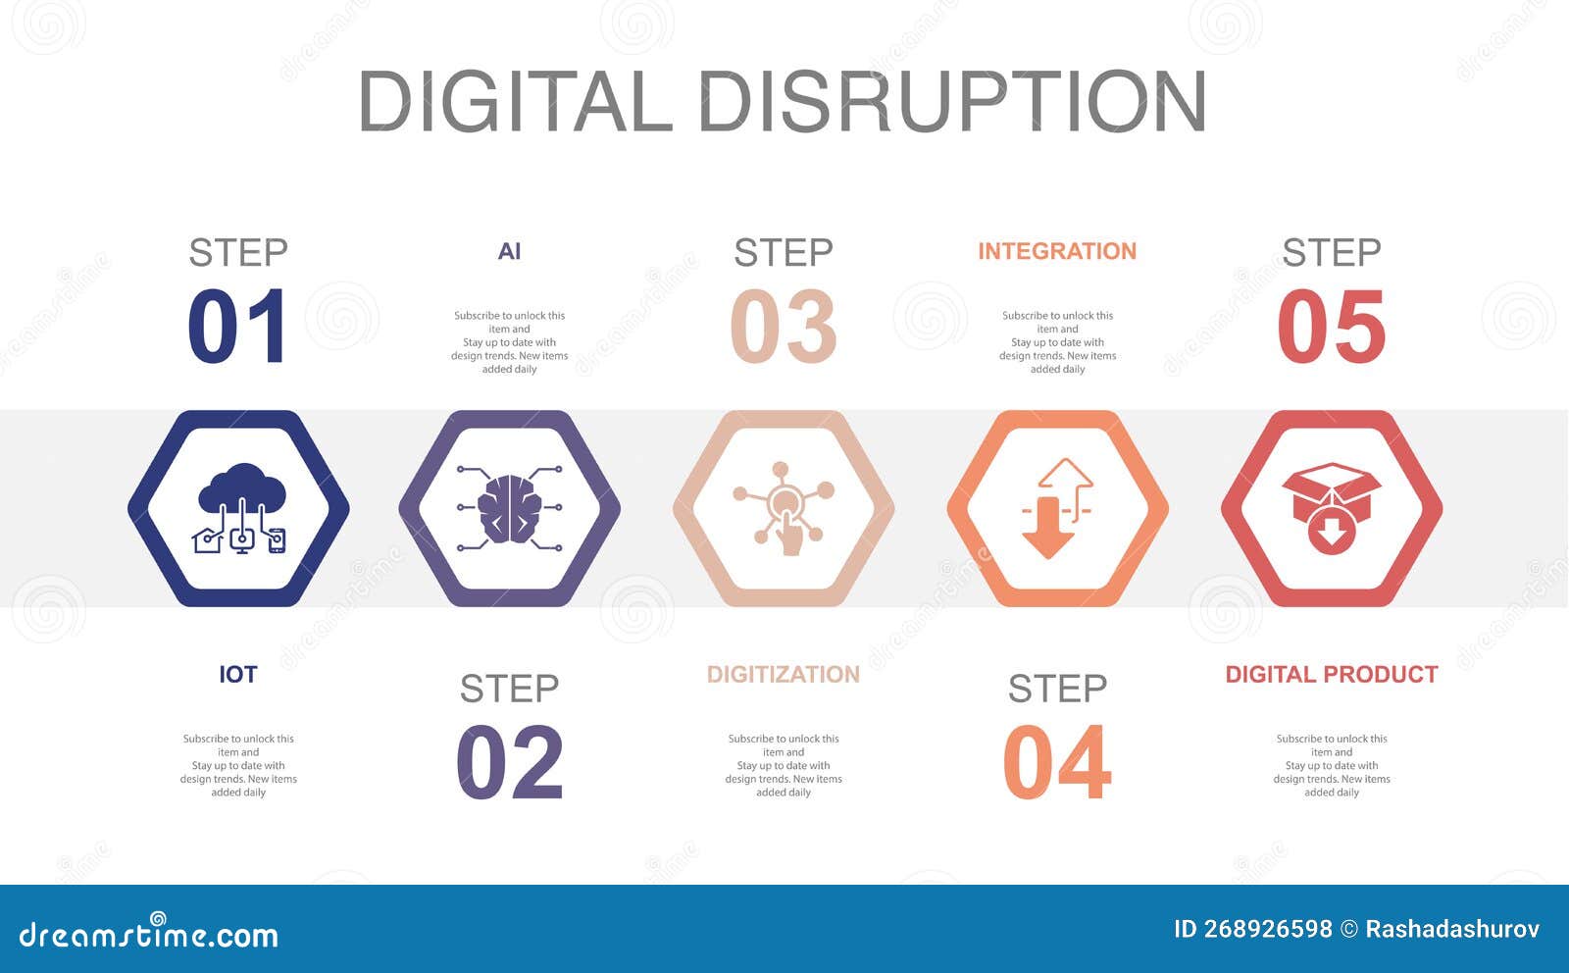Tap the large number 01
tap(237, 327)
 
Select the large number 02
tap(510, 762)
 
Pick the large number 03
tap(784, 327)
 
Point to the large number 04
tap(1057, 762)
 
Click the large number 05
tap(1332, 327)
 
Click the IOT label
tap(238, 675)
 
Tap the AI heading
tap(509, 252)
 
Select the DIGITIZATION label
tap(784, 675)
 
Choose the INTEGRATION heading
tap(1057, 252)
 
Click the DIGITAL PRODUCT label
tap(1332, 675)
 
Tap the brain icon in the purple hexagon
tap(510, 508)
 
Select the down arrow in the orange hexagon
tap(1047, 528)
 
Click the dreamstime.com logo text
tap(149, 934)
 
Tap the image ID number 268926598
tap(1267, 929)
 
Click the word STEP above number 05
tap(1332, 253)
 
